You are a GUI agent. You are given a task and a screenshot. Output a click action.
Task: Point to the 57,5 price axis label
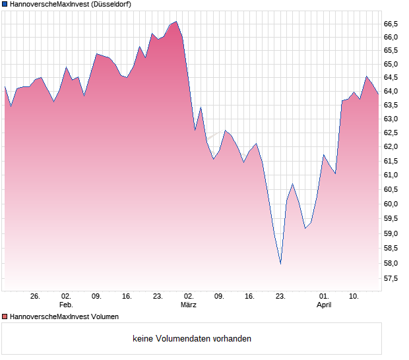(x=391, y=278)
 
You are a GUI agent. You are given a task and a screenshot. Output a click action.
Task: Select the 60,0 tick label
(x=391, y=204)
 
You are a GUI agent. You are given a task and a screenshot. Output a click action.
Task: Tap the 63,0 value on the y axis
(x=391, y=119)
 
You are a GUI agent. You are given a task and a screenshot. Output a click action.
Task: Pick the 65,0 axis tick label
(x=391, y=64)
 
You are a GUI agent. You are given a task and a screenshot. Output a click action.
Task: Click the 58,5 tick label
(x=391, y=249)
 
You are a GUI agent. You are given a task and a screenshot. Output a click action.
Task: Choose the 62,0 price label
(x=391, y=147)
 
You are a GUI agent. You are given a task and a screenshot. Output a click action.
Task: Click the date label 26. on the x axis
(x=36, y=297)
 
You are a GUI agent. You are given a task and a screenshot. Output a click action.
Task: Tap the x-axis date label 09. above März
(x=219, y=297)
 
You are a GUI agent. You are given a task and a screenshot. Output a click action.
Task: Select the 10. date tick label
(x=354, y=297)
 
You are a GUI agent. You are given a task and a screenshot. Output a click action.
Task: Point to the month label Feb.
(x=66, y=305)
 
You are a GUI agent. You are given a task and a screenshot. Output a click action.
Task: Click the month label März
(x=189, y=305)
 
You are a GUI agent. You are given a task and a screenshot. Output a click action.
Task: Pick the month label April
(x=324, y=305)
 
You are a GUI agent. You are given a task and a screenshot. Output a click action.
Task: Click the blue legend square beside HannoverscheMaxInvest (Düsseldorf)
(x=5, y=5)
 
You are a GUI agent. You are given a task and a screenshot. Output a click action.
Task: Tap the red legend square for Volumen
(x=5, y=317)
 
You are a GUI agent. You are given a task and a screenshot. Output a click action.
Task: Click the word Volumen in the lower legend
(x=103, y=317)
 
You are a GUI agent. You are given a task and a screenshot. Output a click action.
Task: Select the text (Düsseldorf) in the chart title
(x=108, y=5)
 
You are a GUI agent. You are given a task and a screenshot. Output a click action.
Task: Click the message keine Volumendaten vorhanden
(x=192, y=339)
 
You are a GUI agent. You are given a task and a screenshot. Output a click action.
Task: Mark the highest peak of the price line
(x=176, y=21)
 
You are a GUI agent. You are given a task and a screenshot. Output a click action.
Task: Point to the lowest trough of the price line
(x=280, y=264)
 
